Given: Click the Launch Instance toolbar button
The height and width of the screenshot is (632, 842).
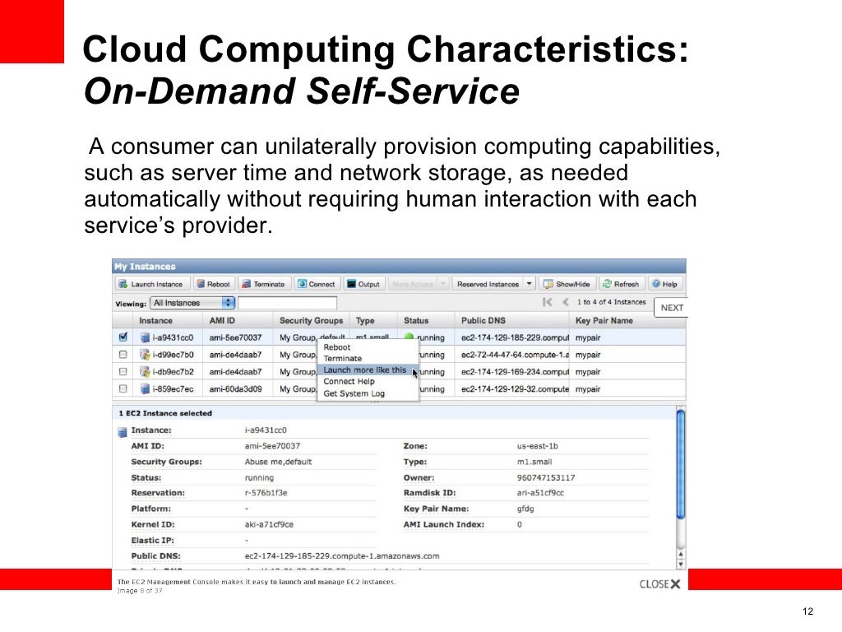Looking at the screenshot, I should pyautogui.click(x=152, y=284).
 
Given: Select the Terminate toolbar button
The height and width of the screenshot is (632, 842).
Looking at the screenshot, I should pyautogui.click(x=263, y=284).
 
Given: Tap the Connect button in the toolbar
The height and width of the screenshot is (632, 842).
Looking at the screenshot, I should pyautogui.click(x=317, y=284).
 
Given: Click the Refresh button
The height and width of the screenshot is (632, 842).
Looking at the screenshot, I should pyautogui.click(x=621, y=284).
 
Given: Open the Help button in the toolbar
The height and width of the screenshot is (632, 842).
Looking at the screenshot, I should pyautogui.click(x=665, y=284).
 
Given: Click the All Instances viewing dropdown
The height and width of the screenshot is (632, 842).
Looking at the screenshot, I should pyautogui.click(x=192, y=303).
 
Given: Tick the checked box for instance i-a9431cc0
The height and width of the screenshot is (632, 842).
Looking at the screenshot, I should pyautogui.click(x=123, y=337).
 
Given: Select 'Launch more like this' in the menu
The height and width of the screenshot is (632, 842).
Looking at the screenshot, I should pyautogui.click(x=365, y=370).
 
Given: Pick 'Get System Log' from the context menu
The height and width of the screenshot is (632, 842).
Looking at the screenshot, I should pyautogui.click(x=354, y=393).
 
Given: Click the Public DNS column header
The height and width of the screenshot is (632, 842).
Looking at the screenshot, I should pyautogui.click(x=483, y=320).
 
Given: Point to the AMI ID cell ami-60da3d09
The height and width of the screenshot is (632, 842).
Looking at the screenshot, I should pyautogui.click(x=235, y=388).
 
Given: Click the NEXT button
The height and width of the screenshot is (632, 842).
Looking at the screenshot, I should pyautogui.click(x=672, y=308).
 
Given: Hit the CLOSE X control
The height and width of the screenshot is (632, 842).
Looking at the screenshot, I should pyautogui.click(x=660, y=584).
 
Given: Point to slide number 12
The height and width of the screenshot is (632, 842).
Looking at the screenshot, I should pyautogui.click(x=807, y=611).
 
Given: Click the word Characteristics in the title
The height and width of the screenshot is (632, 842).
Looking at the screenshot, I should pyautogui.click(x=562, y=51).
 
